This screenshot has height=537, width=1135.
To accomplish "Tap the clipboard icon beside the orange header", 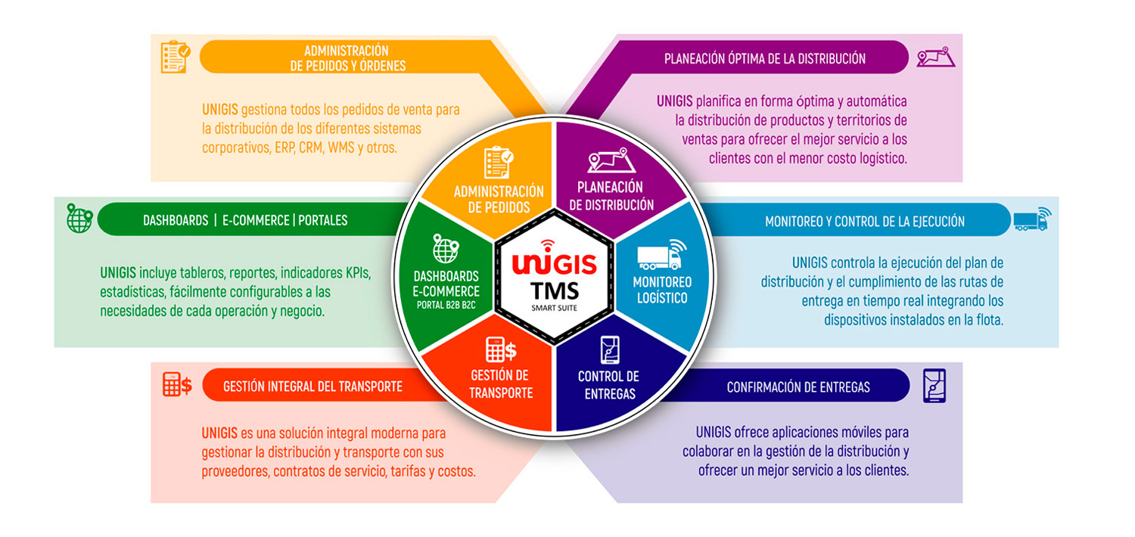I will point(175,57).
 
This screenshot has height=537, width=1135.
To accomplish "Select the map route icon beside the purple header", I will point(935,57).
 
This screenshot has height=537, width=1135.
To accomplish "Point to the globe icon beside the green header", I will point(79,218).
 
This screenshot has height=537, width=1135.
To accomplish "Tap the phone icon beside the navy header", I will point(934,386).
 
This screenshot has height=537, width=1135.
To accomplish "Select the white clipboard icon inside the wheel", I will point(499,163).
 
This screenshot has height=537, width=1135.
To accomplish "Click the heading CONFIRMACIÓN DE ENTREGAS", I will point(798,387).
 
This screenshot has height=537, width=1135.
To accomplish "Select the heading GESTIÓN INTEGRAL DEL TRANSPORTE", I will point(313,386).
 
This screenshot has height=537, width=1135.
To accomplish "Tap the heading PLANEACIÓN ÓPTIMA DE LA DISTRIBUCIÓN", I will point(765,58).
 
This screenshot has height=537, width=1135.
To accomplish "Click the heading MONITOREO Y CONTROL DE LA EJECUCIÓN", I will point(864,222).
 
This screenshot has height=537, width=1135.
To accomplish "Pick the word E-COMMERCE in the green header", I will point(256,220).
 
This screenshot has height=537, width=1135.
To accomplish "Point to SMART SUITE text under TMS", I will point(555,308).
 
